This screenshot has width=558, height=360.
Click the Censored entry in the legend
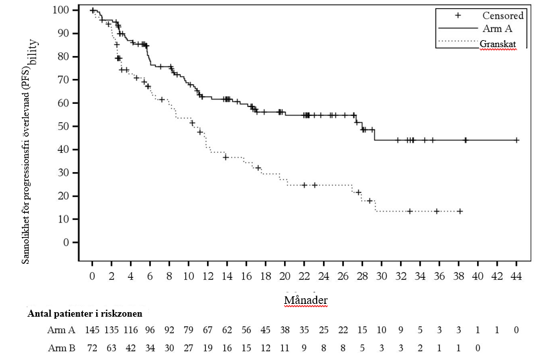click(503, 15)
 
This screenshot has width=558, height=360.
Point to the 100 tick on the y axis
click(61, 10)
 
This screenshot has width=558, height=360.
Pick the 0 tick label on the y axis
click(66, 243)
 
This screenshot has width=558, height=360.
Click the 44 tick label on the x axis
click(516, 276)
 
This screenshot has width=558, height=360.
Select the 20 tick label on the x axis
click(285, 276)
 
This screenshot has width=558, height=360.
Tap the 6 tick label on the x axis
click(150, 276)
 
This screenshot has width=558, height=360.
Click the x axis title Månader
click(305, 299)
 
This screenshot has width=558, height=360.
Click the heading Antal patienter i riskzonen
click(85, 313)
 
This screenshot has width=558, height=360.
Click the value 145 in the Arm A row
click(93, 330)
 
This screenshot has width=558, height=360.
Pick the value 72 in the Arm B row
click(93, 348)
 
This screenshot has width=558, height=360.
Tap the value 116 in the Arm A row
click(131, 330)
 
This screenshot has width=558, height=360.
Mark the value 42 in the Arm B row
click(131, 348)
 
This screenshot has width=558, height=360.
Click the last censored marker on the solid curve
click(516, 140)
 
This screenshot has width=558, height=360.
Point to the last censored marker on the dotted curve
click(459, 211)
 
